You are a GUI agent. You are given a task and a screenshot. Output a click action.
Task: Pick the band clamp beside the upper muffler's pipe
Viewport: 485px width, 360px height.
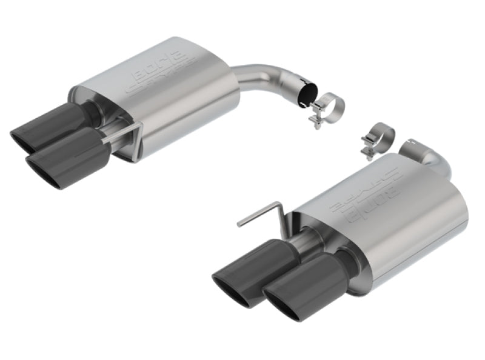click(x=327, y=105)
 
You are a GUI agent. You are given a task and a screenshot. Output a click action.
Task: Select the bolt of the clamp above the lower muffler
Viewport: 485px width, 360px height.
click(x=366, y=147)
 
